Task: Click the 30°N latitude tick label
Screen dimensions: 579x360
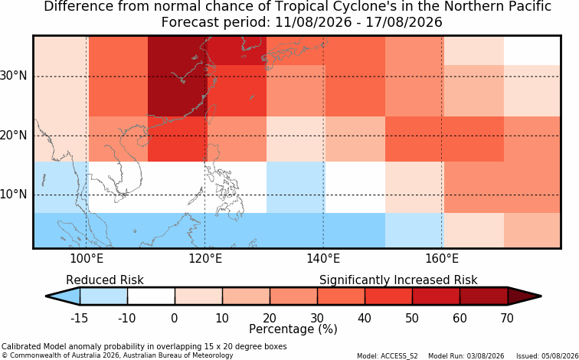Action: click(x=13, y=76)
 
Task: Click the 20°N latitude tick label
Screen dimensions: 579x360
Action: click(x=13, y=135)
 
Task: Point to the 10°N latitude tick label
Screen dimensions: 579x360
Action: click(x=13, y=195)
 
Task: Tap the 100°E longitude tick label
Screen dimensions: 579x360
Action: click(x=87, y=259)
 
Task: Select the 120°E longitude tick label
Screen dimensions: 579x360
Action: click(x=205, y=259)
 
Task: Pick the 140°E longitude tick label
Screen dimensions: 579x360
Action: click(x=323, y=259)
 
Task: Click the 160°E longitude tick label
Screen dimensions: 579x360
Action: click(x=442, y=259)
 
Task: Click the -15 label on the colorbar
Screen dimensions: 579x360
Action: click(x=79, y=318)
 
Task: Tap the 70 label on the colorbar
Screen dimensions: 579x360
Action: click(x=507, y=318)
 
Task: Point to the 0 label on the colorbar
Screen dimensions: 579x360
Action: click(x=175, y=318)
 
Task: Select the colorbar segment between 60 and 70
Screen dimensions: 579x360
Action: click(x=484, y=296)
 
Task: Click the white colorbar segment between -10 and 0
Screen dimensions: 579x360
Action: click(x=151, y=296)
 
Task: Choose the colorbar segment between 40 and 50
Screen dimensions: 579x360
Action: click(x=388, y=296)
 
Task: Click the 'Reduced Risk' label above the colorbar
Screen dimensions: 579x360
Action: click(x=104, y=280)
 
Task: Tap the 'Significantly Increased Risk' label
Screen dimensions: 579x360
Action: click(x=398, y=280)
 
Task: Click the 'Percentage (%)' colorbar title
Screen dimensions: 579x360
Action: click(x=293, y=329)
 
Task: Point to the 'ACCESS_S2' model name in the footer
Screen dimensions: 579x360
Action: click(x=403, y=356)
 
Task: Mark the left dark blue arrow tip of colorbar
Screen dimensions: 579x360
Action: click(x=46, y=296)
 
